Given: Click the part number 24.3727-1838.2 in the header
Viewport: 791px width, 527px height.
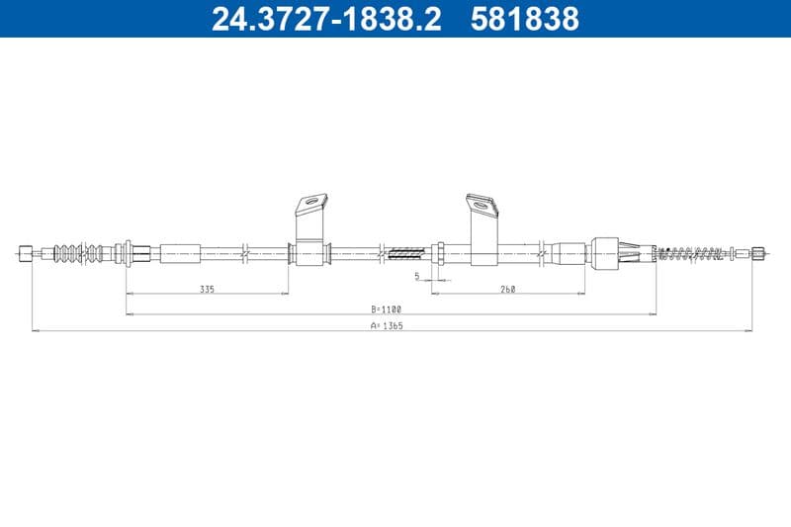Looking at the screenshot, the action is [326, 19].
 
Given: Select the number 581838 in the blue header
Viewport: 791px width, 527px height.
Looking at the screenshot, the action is [525, 19].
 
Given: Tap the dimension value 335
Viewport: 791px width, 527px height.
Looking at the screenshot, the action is [207, 289].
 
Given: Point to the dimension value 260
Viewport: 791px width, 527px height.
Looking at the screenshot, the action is [507, 289].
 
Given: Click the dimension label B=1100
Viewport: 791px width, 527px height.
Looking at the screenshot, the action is [387, 309].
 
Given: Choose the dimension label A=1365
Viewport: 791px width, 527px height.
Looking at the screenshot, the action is [387, 325].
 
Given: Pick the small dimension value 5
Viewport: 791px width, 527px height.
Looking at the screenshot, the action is [416, 276].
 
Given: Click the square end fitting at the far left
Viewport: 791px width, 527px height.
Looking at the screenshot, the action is [26, 253].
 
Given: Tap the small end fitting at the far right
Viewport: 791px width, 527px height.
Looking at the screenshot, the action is [758, 253].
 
